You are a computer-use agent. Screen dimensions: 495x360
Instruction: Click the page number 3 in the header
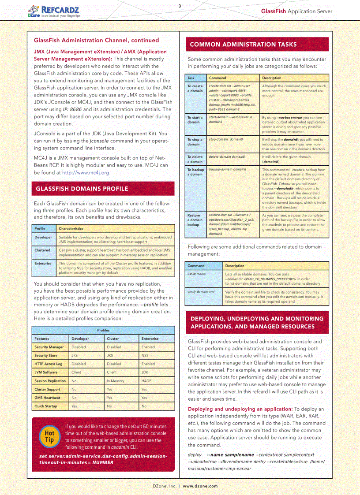pyautogui.click(x=180, y=6)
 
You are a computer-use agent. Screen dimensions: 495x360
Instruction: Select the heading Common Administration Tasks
pyautogui.click(x=243, y=45)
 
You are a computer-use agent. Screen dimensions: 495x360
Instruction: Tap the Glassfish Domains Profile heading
pyautogui.click(x=82, y=189)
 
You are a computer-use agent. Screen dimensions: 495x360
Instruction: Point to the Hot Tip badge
pyautogui.click(x=49, y=436)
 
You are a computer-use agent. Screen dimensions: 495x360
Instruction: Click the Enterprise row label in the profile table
pyautogui.click(x=43, y=263)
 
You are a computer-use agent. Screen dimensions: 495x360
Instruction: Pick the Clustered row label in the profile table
pyautogui.click(x=43, y=250)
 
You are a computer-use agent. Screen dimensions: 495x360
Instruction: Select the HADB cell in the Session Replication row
pyautogui.click(x=146, y=381)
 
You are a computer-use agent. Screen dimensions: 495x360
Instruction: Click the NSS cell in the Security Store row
pyautogui.click(x=145, y=355)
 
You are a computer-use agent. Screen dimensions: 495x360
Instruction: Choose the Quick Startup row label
pyautogui.click(x=46, y=406)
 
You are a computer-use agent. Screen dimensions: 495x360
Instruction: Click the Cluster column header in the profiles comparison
pyautogui.click(x=113, y=339)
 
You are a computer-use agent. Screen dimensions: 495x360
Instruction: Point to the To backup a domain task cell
pyautogui.click(x=195, y=172)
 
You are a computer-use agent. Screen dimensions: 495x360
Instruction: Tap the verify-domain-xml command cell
pyautogui.click(x=201, y=292)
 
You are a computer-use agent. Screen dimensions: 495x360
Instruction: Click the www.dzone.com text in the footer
pyautogui.click(x=200, y=486)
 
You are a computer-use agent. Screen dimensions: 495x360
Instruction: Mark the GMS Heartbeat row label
pyautogui.click(x=47, y=398)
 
